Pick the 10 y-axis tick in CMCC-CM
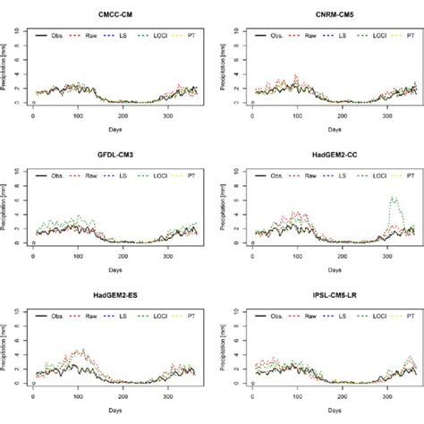click(x=23, y=32)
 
